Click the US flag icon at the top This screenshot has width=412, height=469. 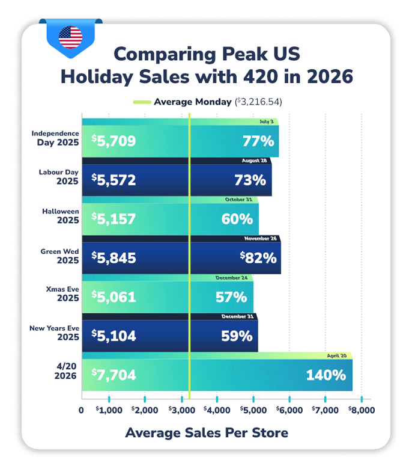point(71,37)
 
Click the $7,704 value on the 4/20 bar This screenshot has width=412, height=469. point(114,375)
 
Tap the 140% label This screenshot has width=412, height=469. point(326,375)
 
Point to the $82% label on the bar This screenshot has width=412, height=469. point(258,258)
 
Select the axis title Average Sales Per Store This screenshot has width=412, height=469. point(206,433)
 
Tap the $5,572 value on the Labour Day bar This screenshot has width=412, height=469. point(114,180)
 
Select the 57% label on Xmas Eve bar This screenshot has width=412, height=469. point(231,297)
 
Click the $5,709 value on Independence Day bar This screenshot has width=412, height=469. point(114,141)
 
